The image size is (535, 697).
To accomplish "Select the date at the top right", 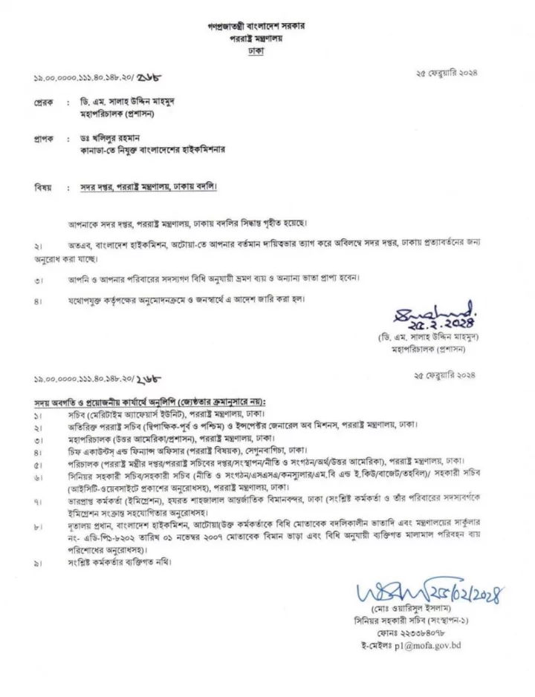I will coord(447,73).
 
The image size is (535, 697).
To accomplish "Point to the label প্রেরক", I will coord(44,100).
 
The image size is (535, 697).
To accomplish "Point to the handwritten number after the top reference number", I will coord(149,76).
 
